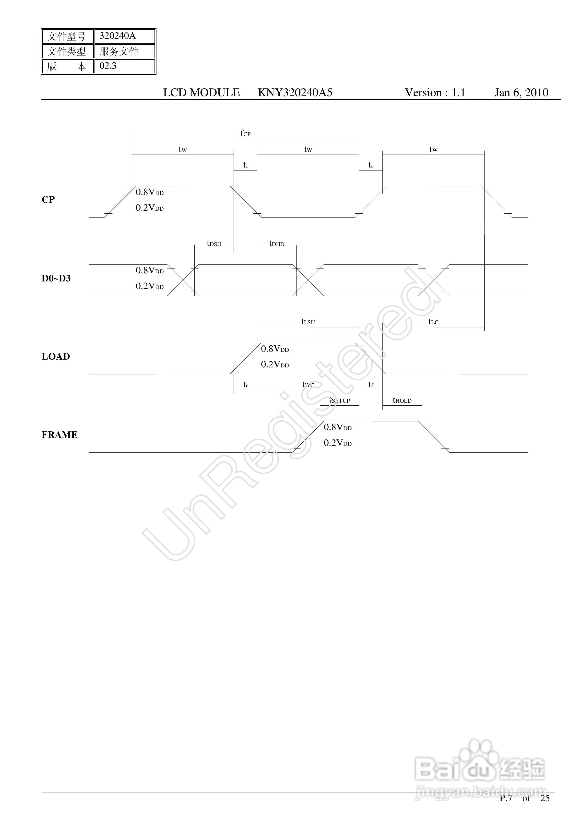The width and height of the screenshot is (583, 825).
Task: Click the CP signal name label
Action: coord(48,200)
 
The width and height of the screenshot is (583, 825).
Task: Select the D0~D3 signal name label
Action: coord(56,279)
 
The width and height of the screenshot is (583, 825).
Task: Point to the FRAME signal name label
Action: coord(60,435)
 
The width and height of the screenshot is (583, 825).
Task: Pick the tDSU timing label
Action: coord(214,244)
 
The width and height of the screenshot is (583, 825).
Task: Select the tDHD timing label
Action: coord(277,244)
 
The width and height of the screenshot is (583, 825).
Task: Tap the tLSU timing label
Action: coord(308,322)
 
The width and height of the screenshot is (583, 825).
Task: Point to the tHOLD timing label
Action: coord(402,400)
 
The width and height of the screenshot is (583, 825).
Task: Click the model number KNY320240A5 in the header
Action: coord(295,93)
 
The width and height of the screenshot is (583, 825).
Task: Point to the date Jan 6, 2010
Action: coord(521,93)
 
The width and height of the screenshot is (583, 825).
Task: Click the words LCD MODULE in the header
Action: coord(202,93)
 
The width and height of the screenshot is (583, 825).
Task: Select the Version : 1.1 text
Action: coord(435,93)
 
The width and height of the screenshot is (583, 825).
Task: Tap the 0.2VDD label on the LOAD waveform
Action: coord(275,365)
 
